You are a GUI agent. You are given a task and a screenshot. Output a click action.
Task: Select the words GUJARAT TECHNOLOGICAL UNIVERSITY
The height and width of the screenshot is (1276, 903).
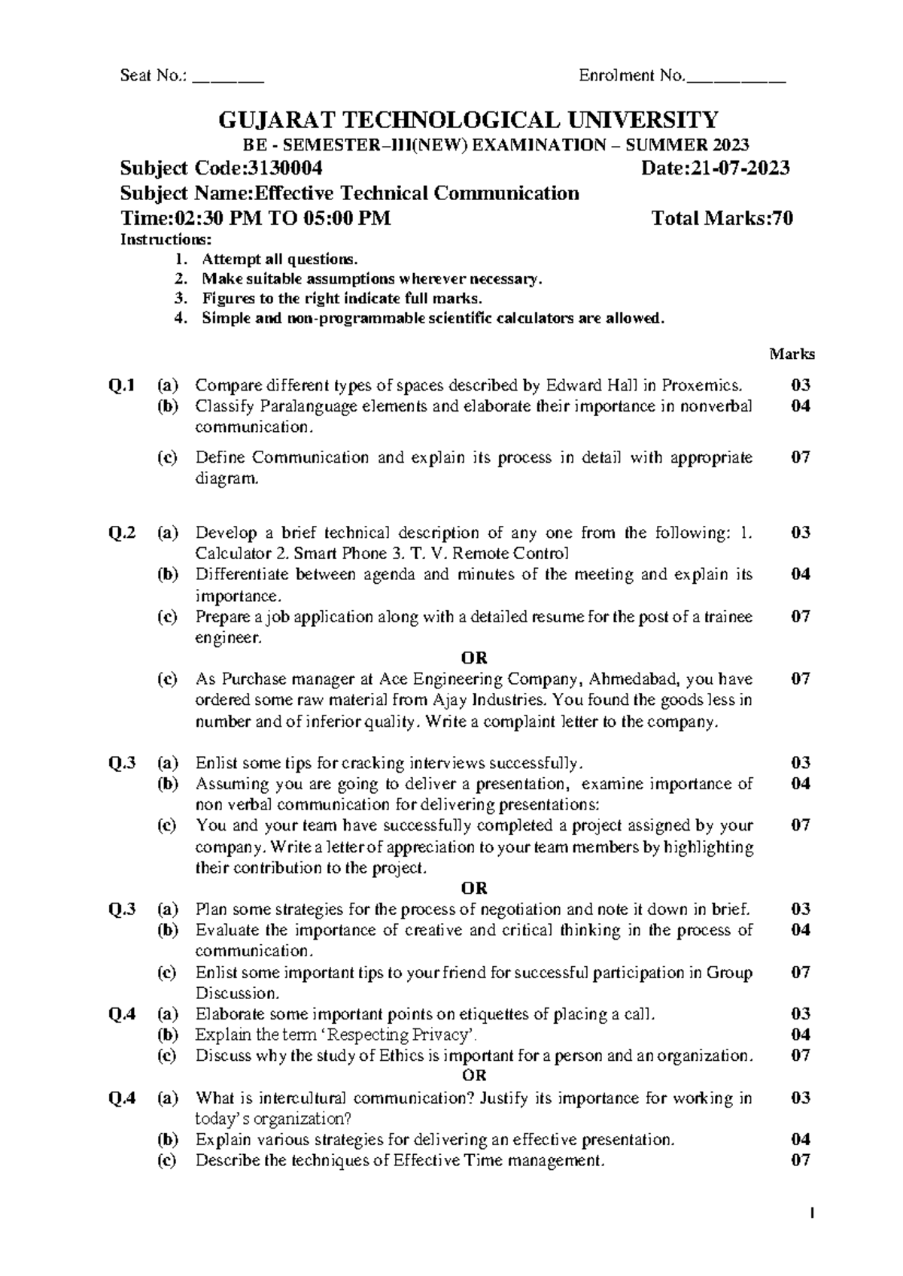[x=468, y=120]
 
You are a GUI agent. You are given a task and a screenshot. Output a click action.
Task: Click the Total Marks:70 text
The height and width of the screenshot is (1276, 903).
[x=722, y=219]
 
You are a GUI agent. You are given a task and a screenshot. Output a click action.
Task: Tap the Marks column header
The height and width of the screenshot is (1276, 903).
[x=792, y=354]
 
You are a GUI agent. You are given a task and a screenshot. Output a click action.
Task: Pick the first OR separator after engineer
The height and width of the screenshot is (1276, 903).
[x=474, y=658]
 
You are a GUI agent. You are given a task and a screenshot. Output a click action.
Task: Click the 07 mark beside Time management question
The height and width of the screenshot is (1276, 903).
[x=800, y=1160]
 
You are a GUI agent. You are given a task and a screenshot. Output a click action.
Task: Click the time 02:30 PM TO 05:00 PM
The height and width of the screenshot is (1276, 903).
[x=283, y=219]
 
